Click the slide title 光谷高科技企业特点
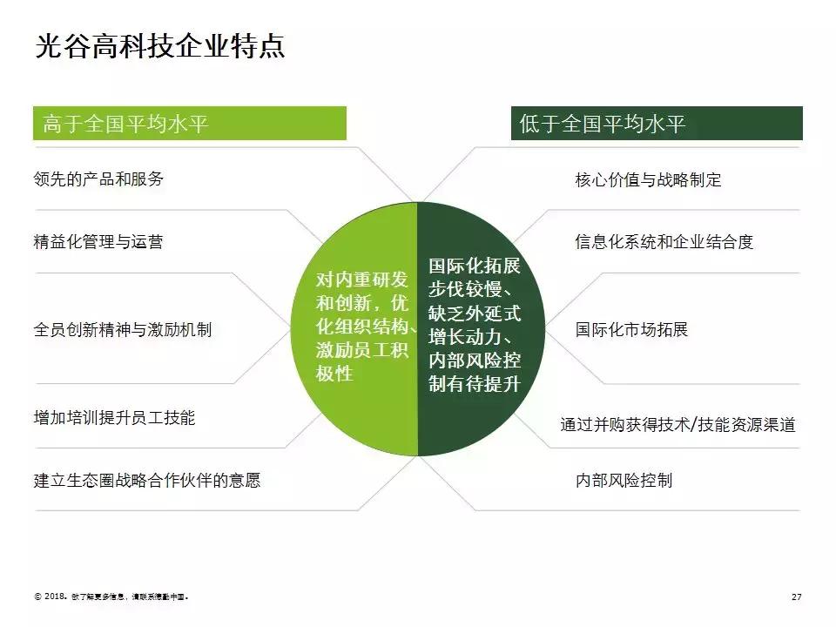coord(159,46)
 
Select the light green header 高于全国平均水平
coord(189,124)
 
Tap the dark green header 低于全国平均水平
coord(656,124)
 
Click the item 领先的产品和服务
coord(98,179)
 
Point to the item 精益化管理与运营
coord(98,242)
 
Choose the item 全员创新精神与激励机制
coord(123,330)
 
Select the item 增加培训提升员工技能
coord(114,417)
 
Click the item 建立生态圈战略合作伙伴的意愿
coord(147,480)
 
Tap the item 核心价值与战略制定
coord(648,180)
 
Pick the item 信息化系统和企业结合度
coord(664,242)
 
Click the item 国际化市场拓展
coord(631,330)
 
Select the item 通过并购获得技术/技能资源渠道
coord(678,425)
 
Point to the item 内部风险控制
coord(624,480)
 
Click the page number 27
coord(796,597)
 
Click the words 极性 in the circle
coord(334,373)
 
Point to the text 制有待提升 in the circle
coord(475,382)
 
